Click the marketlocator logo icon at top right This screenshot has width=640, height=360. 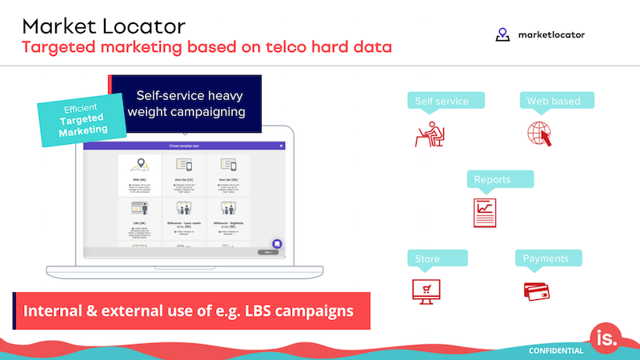502,34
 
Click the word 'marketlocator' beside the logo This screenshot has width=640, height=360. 550,35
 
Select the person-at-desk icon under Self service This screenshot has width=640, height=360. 430,134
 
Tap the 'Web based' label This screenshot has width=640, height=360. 554,101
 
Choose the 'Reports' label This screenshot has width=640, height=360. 498,179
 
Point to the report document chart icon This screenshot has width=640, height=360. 485,212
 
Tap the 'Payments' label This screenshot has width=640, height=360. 546,259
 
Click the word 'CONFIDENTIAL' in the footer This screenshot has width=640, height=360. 556,350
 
